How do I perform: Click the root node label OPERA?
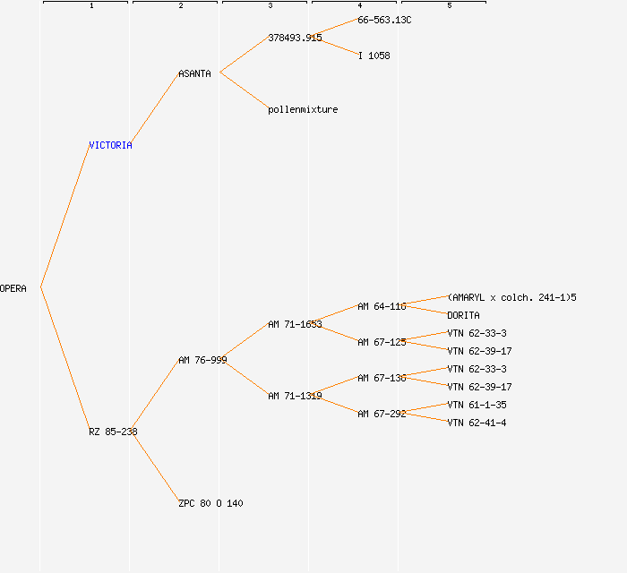tap(13, 288)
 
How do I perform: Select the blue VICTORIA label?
tap(110, 145)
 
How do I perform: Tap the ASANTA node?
tap(194, 73)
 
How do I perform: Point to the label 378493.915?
tap(295, 38)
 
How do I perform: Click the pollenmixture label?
tap(303, 109)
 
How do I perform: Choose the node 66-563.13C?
tap(384, 20)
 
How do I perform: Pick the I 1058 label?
tap(374, 56)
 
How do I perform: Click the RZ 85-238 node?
tap(113, 432)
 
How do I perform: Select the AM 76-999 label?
tap(202, 360)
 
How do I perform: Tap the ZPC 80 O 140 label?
tap(210, 503)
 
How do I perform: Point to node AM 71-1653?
tap(295, 324)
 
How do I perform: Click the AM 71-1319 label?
tap(295, 396)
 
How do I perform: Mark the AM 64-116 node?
tap(382, 306)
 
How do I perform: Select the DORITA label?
tap(463, 315)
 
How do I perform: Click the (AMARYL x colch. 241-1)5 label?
tap(511, 297)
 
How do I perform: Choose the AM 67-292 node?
tap(382, 414)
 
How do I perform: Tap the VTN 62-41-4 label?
tap(477, 423)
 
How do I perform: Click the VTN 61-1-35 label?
tap(477, 405)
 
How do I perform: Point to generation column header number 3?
tap(270, 6)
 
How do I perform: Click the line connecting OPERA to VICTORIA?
tap(64, 217)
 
